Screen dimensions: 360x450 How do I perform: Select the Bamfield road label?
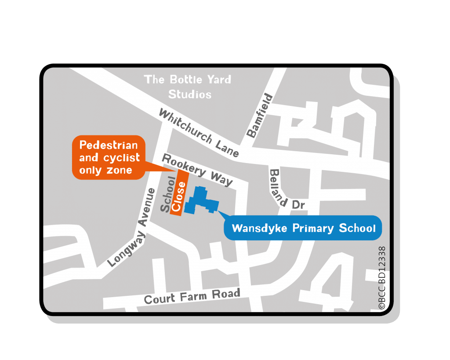[x=260, y=116]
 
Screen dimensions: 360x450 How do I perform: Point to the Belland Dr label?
[x=286, y=189]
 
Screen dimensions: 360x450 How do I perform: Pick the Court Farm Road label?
[x=192, y=297]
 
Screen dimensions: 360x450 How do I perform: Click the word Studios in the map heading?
[x=190, y=94]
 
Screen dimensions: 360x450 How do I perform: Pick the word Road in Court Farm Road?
[x=226, y=294]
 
